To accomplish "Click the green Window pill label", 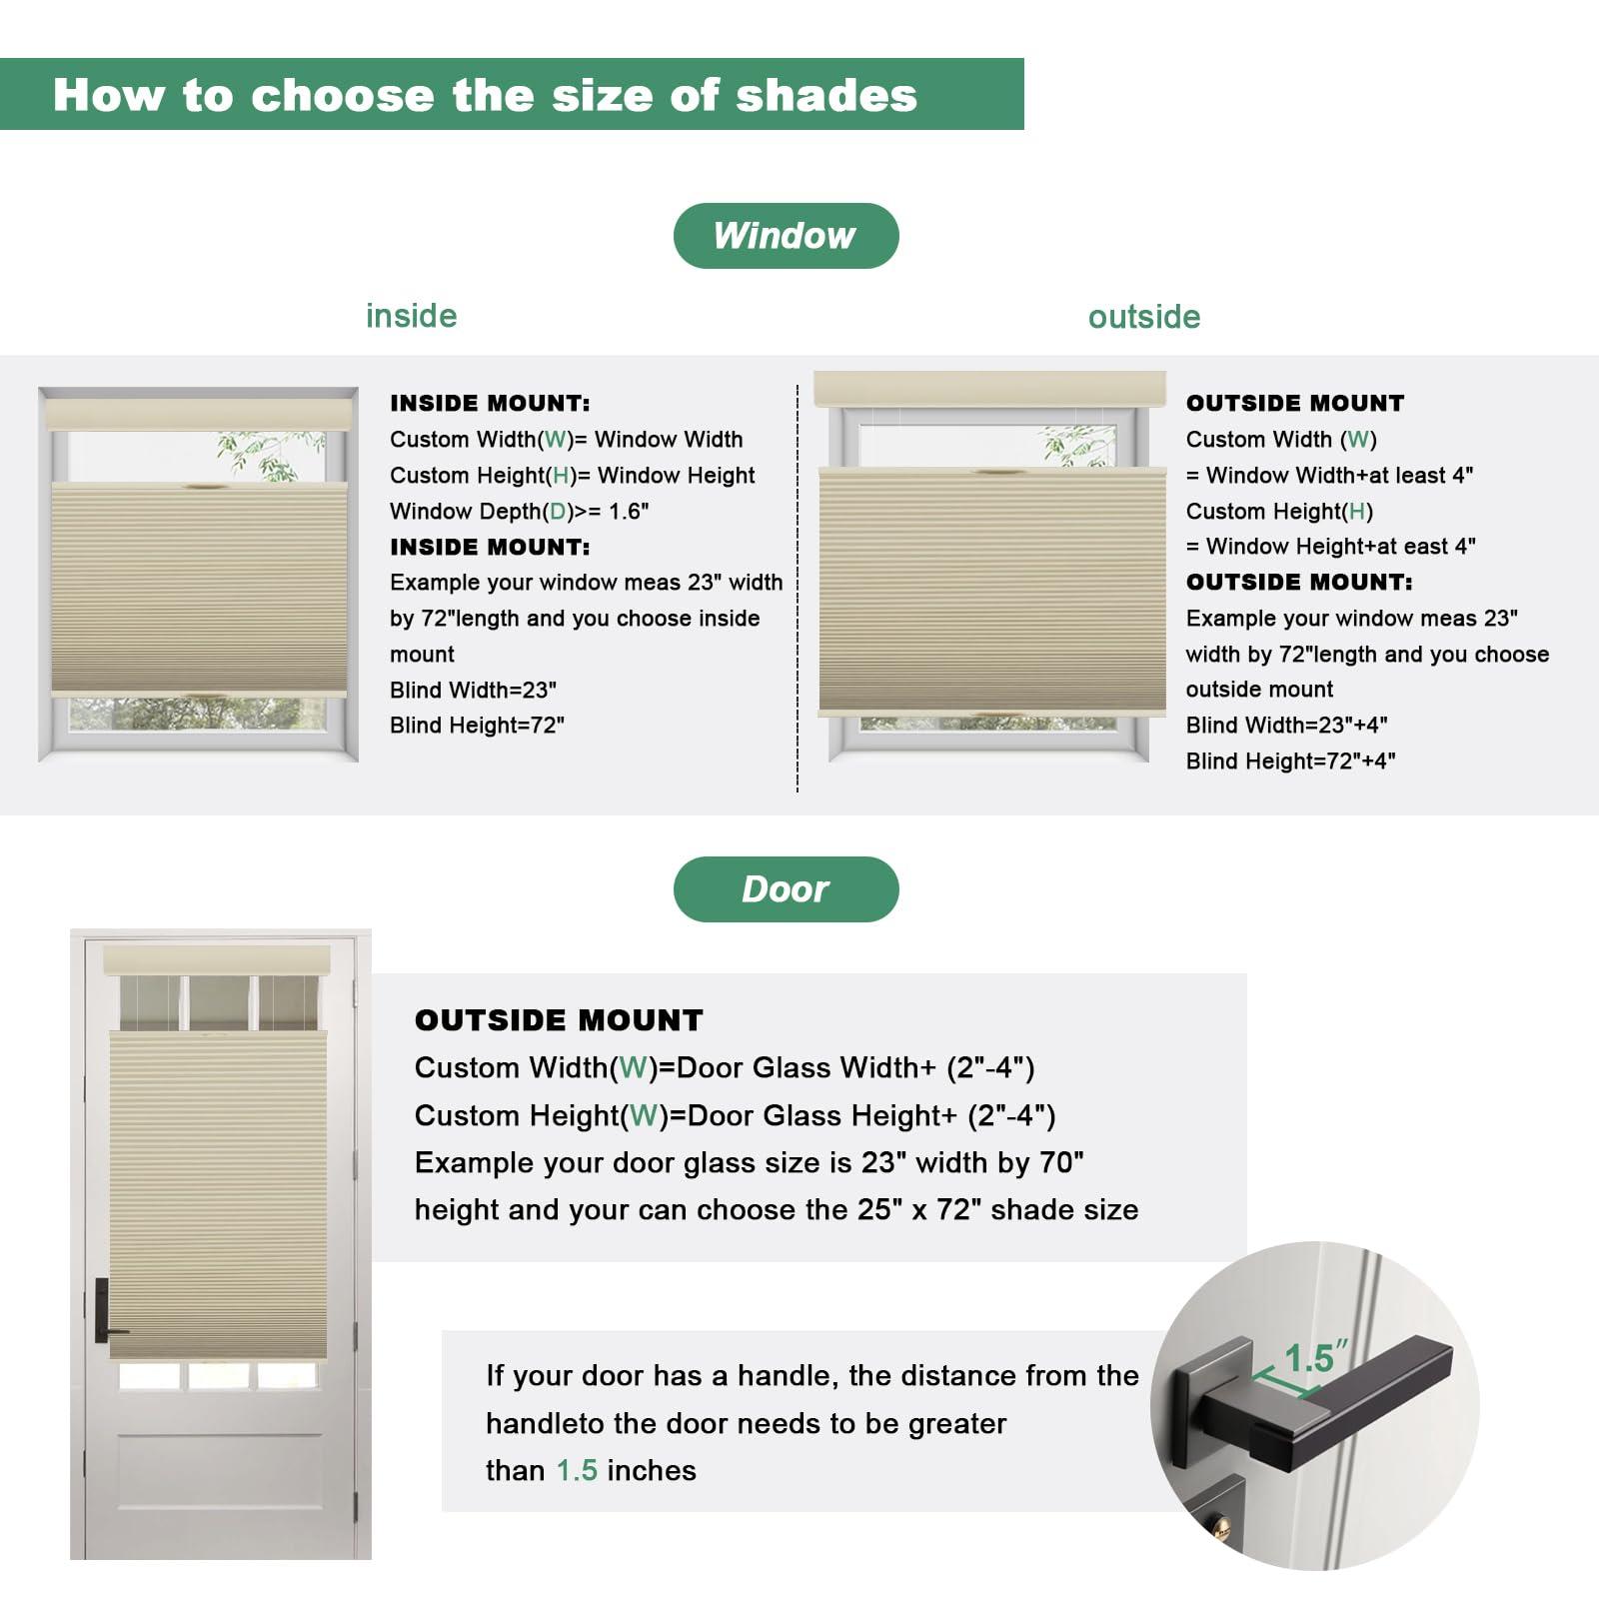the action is pos(786,236).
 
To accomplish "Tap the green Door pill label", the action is pos(786,889).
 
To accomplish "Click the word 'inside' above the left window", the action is pos(411,316).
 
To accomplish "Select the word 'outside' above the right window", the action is pos(1144,317).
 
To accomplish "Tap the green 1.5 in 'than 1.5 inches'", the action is pos(577,1470).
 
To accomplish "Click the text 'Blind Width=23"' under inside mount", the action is pos(473,690).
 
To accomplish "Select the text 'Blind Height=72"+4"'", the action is pos(1290,761).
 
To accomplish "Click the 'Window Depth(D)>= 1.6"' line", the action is pos(519,512).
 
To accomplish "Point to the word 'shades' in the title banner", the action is pos(825,95).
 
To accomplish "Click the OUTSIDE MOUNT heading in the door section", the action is pos(559,1020).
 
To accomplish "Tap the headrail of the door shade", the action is pos(217,960).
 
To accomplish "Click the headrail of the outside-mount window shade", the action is pos(990,389).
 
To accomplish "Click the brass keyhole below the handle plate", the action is pos(1220,1526).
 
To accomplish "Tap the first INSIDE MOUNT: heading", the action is pos(490,404).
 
